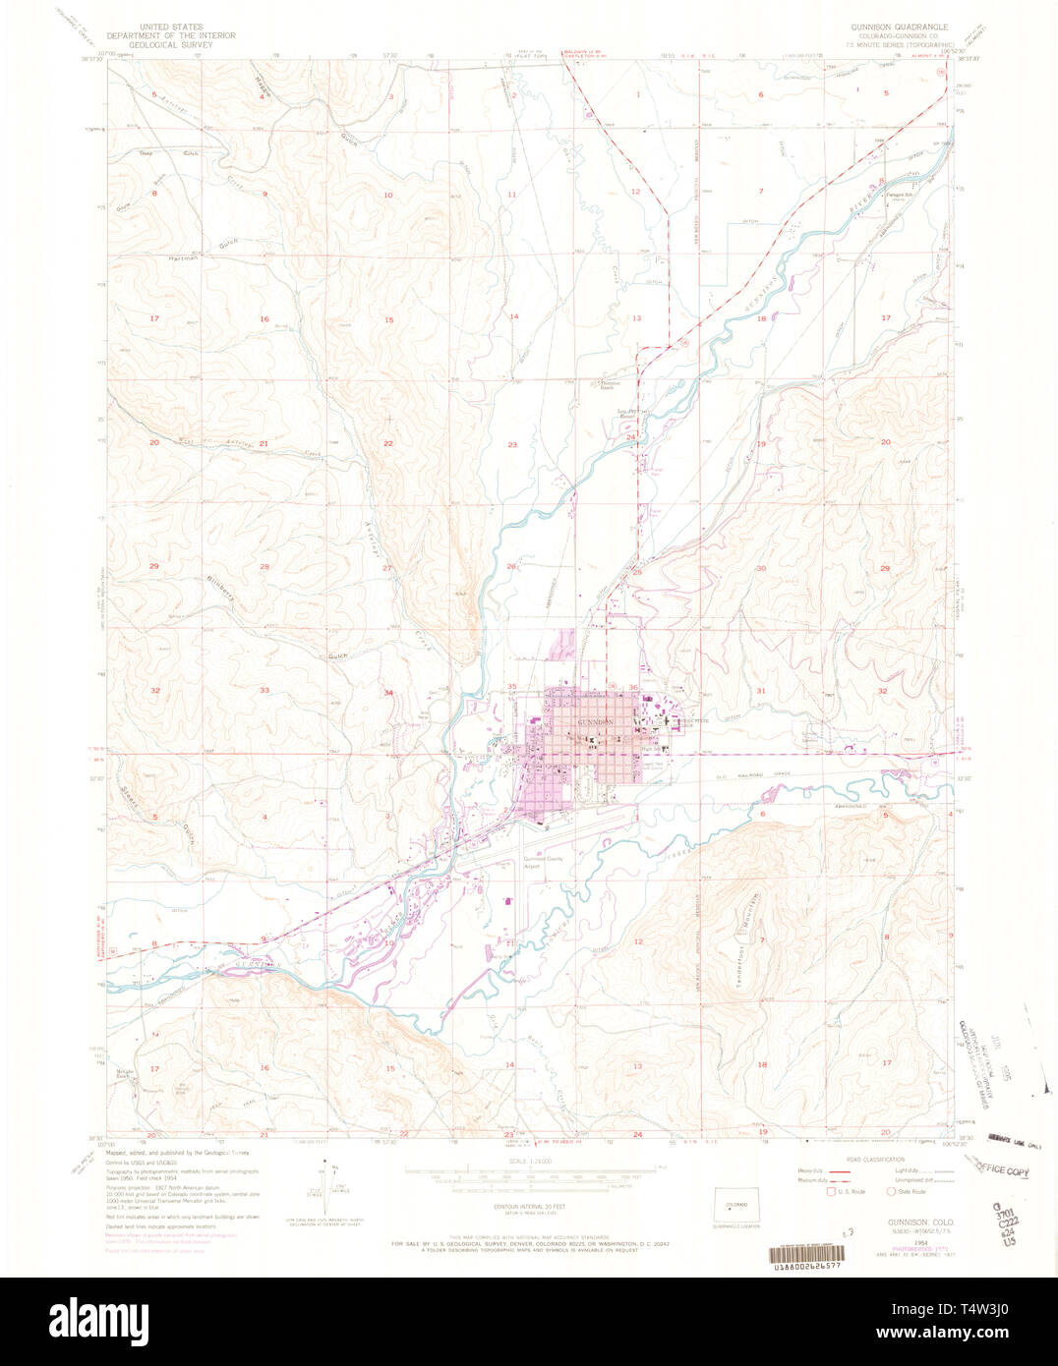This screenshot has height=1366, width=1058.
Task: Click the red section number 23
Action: point(512,445)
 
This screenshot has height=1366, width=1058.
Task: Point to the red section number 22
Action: point(388,444)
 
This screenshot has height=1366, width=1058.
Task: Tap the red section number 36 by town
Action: point(634,687)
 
